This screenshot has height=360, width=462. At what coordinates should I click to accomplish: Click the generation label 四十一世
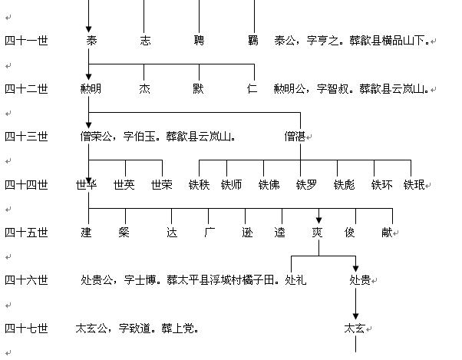pos(26,40)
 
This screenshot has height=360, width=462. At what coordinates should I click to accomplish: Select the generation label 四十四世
pos(26,185)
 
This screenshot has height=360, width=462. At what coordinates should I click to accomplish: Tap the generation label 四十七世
pos(26,329)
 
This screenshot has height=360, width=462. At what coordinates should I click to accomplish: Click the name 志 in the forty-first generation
pos(146,40)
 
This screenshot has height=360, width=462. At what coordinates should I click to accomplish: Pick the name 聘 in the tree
pos(199,40)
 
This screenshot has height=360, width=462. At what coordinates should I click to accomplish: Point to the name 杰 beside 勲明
pos(144,89)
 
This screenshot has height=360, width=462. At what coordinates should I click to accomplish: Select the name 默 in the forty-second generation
pos(199,89)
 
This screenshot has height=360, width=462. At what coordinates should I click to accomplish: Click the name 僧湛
pos(295,137)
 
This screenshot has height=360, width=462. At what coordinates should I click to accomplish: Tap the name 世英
pos(124,185)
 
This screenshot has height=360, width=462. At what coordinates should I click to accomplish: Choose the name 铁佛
pos(269,185)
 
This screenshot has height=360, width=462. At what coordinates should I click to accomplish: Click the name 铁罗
pos(306,185)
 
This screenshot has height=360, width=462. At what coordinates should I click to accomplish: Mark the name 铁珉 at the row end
pos(414,185)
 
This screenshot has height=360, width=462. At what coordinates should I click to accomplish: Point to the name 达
pos(172,232)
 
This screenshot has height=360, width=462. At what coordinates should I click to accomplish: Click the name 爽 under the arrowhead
pos(317,232)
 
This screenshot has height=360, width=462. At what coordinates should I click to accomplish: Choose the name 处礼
pos(295,280)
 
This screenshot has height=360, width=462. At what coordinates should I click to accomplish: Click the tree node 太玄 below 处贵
pos(355,329)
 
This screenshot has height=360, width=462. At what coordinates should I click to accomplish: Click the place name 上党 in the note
pos(186,329)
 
